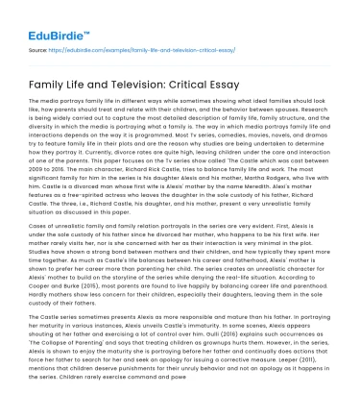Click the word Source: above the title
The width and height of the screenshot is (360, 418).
[x=39, y=46]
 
